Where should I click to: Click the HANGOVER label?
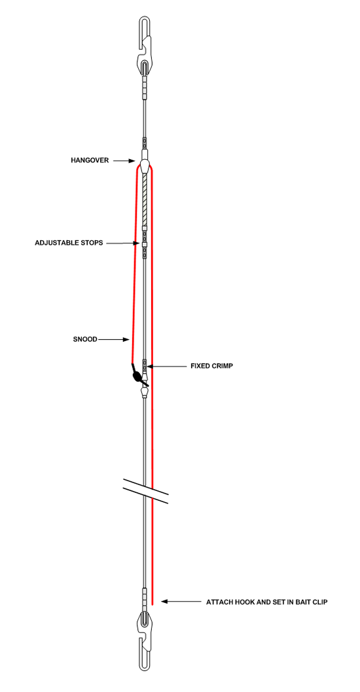tap(90, 160)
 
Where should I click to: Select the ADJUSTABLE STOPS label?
tap(69, 243)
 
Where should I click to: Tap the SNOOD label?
tap(84, 339)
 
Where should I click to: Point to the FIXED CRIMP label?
tap(212, 366)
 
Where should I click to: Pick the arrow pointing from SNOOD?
tap(113, 339)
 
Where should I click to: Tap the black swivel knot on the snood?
tap(139, 376)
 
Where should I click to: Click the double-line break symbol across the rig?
tap(145, 491)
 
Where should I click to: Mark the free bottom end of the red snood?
tap(153, 604)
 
